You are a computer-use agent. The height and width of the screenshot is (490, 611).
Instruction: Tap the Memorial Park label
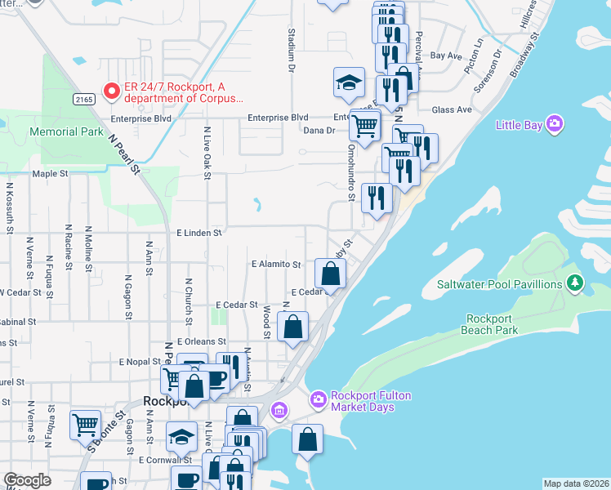coord(66,131)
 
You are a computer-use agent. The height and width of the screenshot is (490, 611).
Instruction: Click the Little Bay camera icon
coord(555,124)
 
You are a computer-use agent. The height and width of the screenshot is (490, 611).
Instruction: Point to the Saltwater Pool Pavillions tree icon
coord(577,283)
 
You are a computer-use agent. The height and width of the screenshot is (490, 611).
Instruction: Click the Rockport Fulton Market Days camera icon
coord(318,399)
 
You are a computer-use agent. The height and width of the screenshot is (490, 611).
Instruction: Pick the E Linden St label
coord(199,233)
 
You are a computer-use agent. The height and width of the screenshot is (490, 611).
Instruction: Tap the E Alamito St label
coord(276,265)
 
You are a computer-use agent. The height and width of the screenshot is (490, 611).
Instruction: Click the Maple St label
coord(49,174)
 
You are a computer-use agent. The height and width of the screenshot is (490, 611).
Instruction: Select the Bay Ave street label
coord(446,56)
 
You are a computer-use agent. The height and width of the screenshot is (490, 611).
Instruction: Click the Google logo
coord(28,480)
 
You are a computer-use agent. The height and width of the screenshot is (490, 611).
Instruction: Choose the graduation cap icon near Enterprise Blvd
coord(349,82)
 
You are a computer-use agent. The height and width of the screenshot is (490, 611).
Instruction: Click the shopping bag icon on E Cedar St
coord(329,274)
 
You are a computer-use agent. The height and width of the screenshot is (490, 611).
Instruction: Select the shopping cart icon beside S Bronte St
coord(86,424)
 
